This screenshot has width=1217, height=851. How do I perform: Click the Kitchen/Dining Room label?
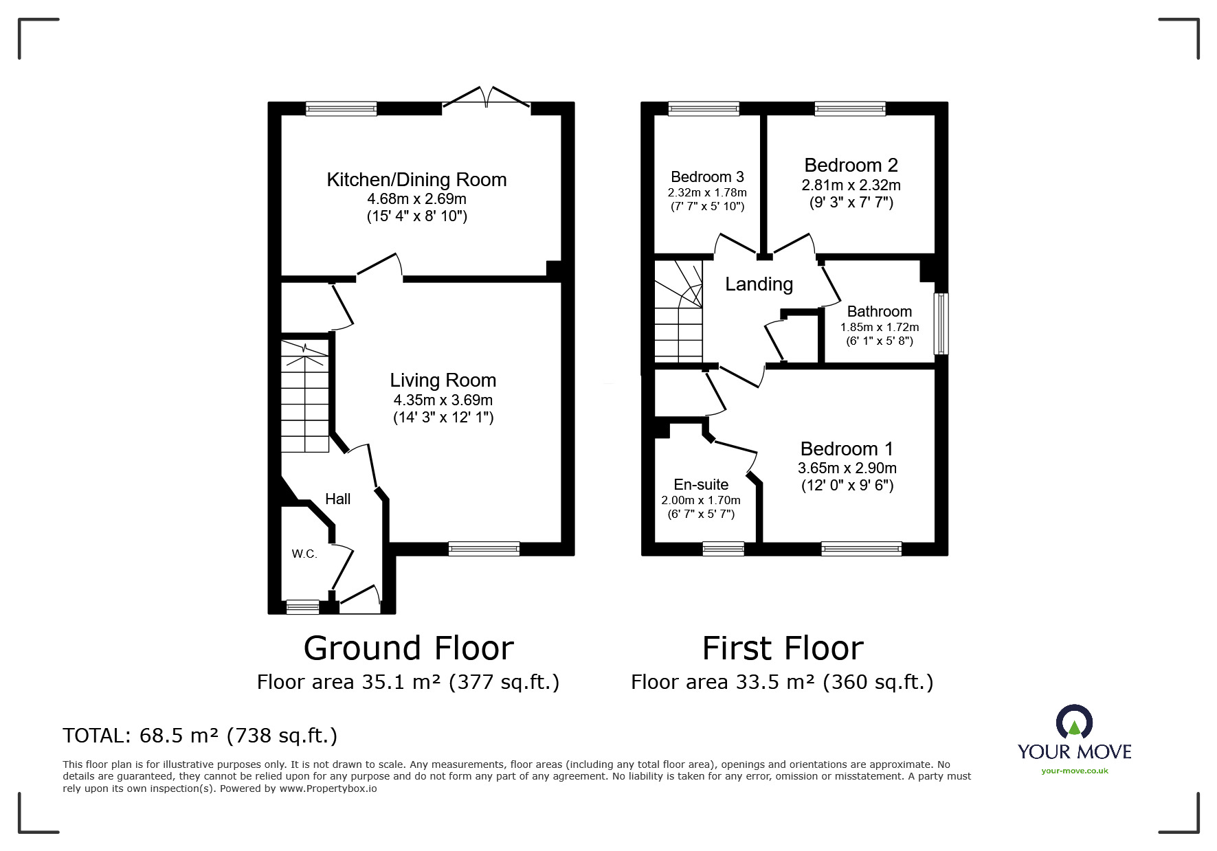pyautogui.click(x=416, y=180)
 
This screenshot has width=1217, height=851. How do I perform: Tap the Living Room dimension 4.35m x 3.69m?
pyautogui.click(x=443, y=400)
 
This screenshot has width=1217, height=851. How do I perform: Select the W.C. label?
pyautogui.click(x=304, y=554)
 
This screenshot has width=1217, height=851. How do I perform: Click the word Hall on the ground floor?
pyautogui.click(x=337, y=499)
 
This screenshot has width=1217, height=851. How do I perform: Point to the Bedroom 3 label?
pyautogui.click(x=707, y=177)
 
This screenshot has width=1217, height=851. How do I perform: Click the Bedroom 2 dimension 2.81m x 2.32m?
pyautogui.click(x=851, y=185)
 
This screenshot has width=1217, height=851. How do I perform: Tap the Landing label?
pyautogui.click(x=759, y=284)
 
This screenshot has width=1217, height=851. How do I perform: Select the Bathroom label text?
pyautogui.click(x=879, y=312)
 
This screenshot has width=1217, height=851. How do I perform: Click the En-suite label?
pyautogui.click(x=700, y=485)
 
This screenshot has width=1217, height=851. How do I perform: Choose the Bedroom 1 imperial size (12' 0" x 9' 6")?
pyautogui.click(x=847, y=486)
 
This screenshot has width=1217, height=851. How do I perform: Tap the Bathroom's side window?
pyautogui.click(x=940, y=324)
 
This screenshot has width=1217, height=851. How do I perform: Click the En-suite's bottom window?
pyautogui.click(x=723, y=548)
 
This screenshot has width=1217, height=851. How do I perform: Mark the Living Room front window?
pyautogui.click(x=484, y=548)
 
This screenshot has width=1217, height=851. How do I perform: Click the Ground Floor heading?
pyautogui.click(x=408, y=648)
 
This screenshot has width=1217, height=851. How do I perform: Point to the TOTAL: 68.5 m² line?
pyautogui.click(x=200, y=736)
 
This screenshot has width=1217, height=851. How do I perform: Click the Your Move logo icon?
pyautogui.click(x=1074, y=723)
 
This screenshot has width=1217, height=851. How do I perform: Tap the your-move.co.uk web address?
pyautogui.click(x=1074, y=771)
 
